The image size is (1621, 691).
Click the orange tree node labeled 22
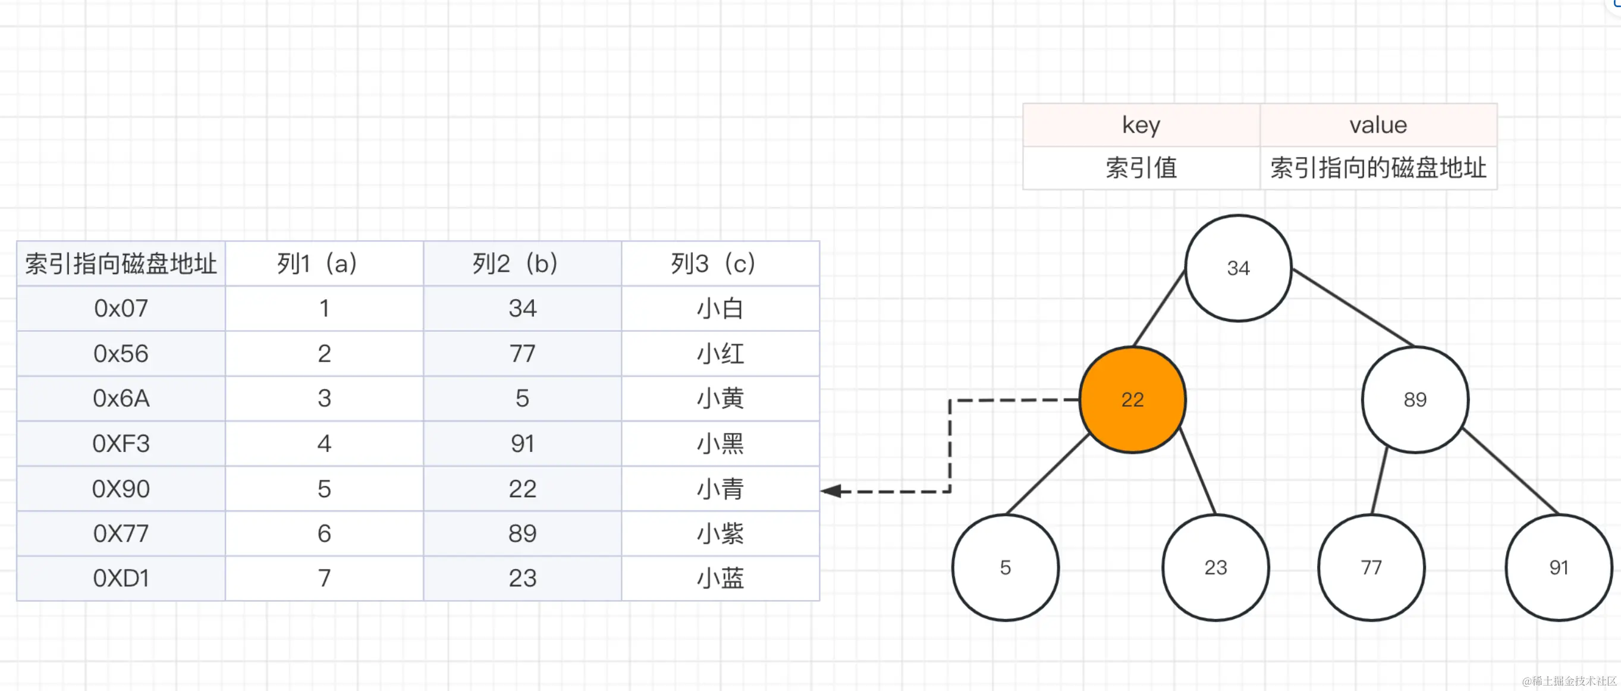click(x=1132, y=400)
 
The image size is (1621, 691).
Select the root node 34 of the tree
click(x=1238, y=268)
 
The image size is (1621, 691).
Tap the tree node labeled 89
click(x=1415, y=400)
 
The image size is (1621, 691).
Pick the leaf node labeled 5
click(x=1005, y=568)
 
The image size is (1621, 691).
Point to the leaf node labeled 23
click(x=1215, y=568)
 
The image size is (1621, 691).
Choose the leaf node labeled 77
click(x=1371, y=568)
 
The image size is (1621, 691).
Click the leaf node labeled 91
click(x=1558, y=568)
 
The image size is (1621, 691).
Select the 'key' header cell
click(x=1141, y=125)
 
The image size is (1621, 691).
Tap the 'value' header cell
click(x=1377, y=125)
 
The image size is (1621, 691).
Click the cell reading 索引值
click(x=1141, y=168)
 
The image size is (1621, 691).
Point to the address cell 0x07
click(x=121, y=309)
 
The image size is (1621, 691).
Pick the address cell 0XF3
click(x=121, y=444)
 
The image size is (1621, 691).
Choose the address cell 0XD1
click(x=121, y=579)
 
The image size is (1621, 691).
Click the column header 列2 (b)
click(x=522, y=263)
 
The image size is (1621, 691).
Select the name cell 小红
click(x=720, y=354)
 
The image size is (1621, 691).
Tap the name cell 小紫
click(x=720, y=533)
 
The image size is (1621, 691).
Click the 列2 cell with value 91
click(x=522, y=444)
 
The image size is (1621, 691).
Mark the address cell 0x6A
click(x=121, y=398)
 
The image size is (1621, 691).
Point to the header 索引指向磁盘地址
click(x=121, y=263)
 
